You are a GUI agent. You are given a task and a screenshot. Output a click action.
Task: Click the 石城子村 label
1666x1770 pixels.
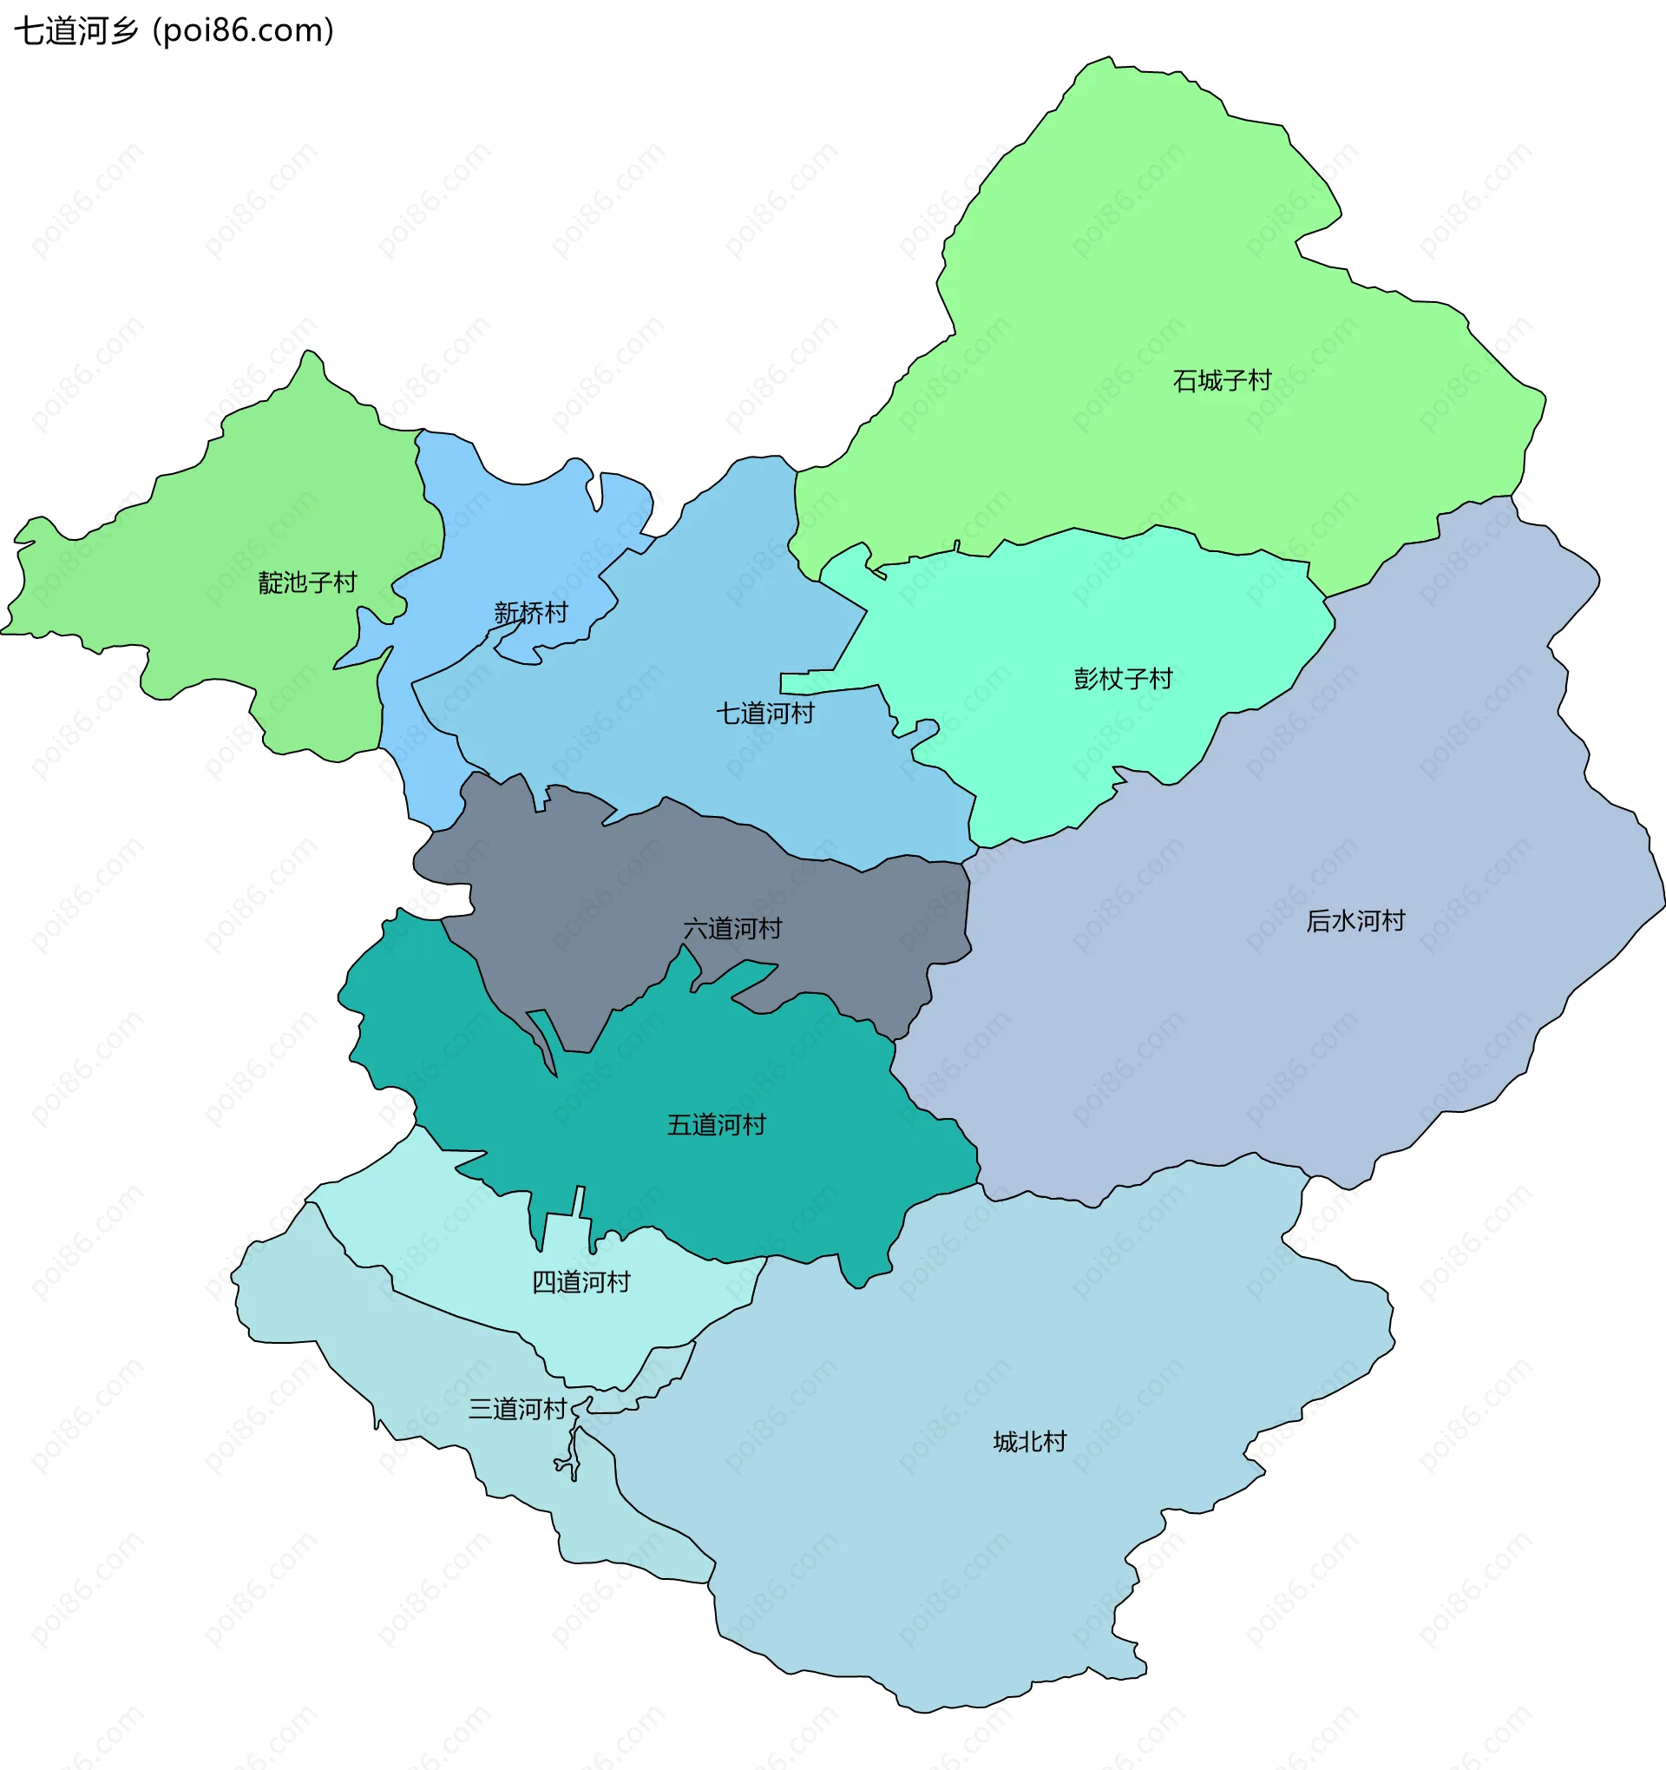(x=1222, y=381)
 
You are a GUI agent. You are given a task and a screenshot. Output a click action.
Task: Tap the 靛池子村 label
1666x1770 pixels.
(x=307, y=582)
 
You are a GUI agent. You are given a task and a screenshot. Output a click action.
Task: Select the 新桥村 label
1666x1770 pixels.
(x=530, y=613)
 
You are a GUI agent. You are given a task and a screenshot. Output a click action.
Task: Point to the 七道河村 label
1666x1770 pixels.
(x=764, y=714)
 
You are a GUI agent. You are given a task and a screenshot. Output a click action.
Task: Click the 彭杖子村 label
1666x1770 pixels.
(x=1122, y=680)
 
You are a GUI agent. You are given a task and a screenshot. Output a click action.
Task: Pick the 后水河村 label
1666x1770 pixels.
(x=1354, y=921)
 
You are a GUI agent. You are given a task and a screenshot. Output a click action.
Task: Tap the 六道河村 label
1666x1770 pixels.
(x=731, y=929)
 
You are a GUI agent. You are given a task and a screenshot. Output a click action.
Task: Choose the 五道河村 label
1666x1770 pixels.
(x=716, y=1124)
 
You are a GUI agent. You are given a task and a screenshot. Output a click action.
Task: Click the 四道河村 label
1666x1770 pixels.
(x=580, y=1282)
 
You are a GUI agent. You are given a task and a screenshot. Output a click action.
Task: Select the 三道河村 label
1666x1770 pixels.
(x=517, y=1409)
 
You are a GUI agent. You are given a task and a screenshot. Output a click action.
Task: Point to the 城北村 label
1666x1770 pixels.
(x=1029, y=1442)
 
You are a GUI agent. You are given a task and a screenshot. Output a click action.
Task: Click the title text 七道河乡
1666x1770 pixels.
(x=75, y=31)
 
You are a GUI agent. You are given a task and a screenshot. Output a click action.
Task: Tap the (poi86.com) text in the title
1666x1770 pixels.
(x=243, y=31)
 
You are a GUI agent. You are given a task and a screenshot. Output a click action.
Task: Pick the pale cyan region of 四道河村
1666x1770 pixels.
(x=623, y=1326)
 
